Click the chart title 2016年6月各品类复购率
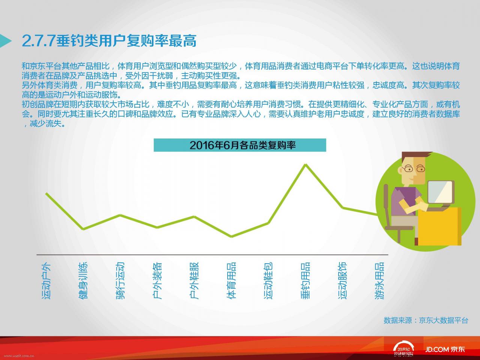[x=243, y=145]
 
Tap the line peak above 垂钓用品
[x=306, y=164]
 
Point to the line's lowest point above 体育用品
[x=231, y=237]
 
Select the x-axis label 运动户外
[x=46, y=280]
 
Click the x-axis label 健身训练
[x=83, y=280]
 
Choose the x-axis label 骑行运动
[x=120, y=280]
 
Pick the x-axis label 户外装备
[x=157, y=280]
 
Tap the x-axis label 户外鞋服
[x=194, y=280]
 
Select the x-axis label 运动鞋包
[x=268, y=280]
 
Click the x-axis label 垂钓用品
[x=306, y=280]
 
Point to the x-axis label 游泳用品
[x=379, y=280]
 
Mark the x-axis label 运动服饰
[x=342, y=280]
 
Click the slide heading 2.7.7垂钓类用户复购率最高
[x=109, y=40]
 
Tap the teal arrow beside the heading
[x=5, y=40]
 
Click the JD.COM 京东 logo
[x=445, y=349]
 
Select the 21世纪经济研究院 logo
[x=403, y=349]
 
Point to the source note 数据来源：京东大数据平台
[x=426, y=320]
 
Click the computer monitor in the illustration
[x=440, y=192]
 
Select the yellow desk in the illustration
[x=439, y=226]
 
